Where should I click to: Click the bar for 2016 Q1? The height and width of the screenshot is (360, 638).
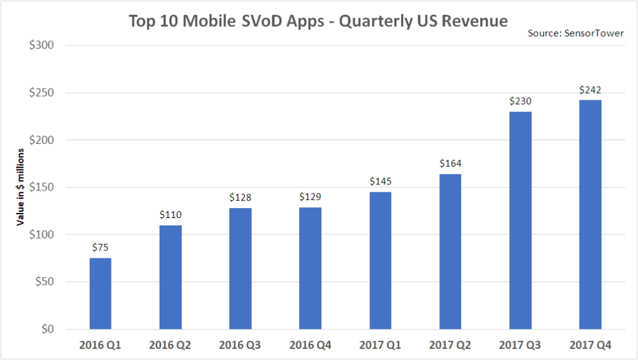100,293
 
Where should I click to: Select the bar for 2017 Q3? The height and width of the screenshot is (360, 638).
520,220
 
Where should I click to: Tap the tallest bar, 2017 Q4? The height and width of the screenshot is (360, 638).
590,215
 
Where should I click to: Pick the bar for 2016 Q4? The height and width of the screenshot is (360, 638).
310,268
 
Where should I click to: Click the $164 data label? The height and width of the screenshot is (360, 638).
450,164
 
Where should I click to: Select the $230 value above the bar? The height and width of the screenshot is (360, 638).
520,102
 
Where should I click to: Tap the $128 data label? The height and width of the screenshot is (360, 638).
240,197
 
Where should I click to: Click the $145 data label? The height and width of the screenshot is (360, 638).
380,182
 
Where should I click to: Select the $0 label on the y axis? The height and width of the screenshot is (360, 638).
47,329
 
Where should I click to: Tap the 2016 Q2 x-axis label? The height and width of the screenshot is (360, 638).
170,344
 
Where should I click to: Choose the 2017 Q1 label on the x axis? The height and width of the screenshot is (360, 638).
380,344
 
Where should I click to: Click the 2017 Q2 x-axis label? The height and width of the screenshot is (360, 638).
450,344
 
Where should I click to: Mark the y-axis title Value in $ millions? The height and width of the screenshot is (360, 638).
21,187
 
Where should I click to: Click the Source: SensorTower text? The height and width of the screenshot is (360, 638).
576,32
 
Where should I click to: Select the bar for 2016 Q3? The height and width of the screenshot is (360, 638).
240,268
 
